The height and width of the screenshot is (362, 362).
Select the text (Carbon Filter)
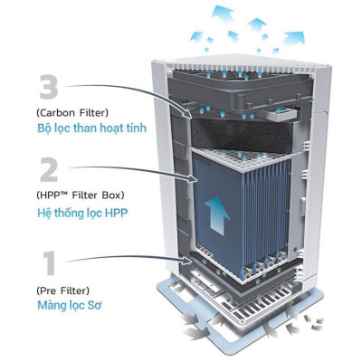(72, 111)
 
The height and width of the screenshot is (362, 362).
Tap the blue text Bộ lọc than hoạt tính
(90, 128)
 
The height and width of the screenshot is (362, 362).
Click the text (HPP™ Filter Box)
(81, 196)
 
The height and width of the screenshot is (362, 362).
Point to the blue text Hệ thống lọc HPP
(82, 213)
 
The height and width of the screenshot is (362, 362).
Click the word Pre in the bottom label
(50, 291)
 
